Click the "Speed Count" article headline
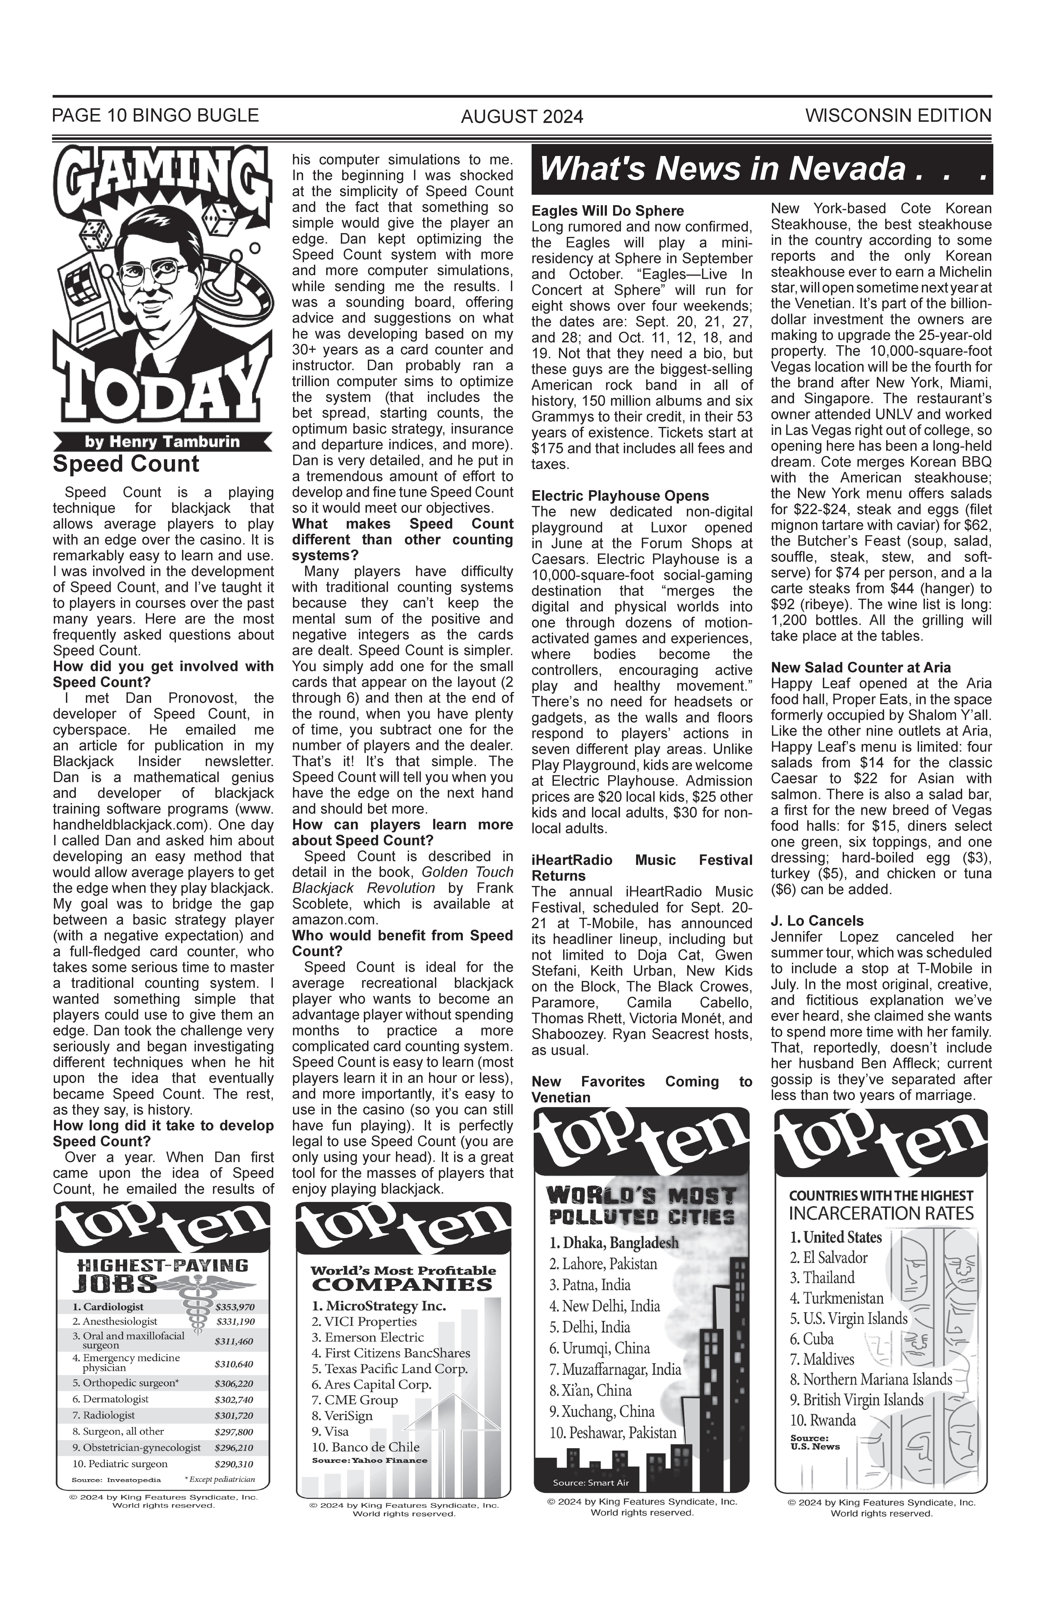coord(126,464)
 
